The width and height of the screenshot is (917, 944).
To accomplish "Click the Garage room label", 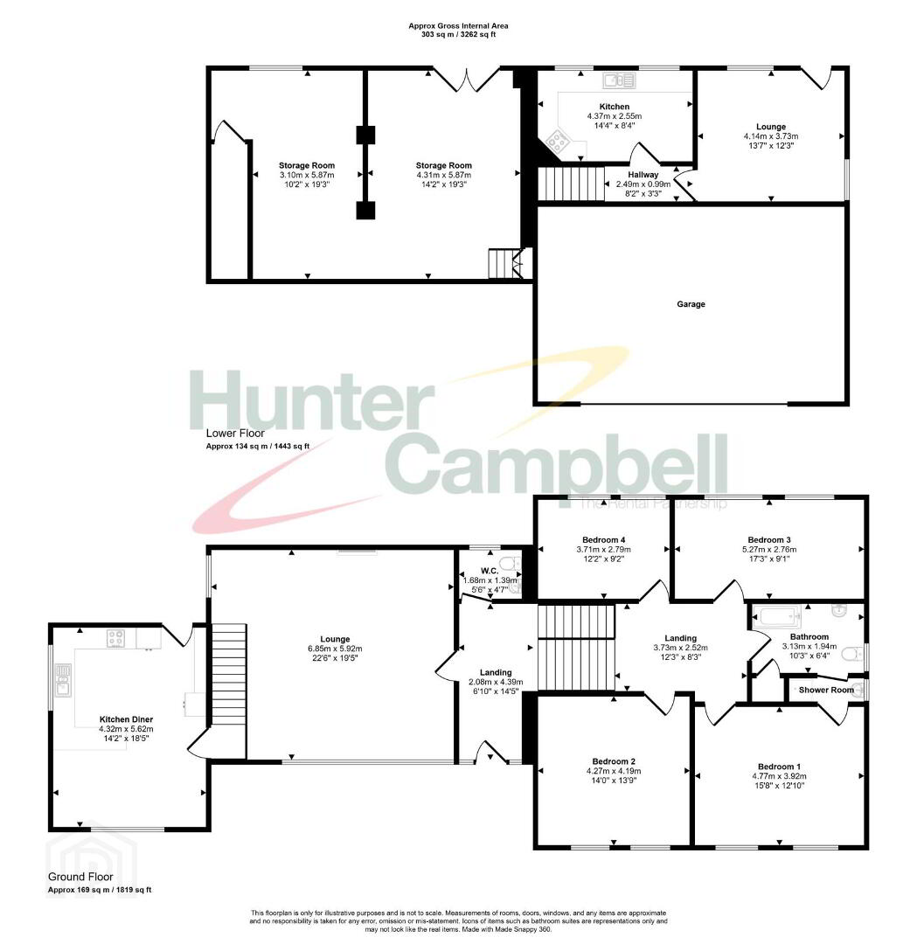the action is [691, 305].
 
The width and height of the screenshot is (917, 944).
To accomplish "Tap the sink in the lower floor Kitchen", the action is [618, 80].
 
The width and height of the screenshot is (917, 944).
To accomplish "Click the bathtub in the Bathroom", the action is [779, 616].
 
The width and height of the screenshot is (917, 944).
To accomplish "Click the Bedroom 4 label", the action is [603, 540].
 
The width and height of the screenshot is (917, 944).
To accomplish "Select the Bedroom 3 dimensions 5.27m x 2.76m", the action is [769, 550].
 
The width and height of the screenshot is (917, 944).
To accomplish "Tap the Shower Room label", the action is [826, 690].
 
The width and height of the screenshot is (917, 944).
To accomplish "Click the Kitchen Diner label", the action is [126, 719].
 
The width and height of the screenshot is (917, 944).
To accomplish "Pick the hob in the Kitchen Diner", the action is [115, 638].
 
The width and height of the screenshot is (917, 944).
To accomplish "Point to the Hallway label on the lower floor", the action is [643, 175].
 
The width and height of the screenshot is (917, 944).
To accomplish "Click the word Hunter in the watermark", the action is [312, 399].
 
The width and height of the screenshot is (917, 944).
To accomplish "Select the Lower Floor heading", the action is [235, 433].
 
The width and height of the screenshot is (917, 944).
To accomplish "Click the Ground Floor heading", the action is [80, 878].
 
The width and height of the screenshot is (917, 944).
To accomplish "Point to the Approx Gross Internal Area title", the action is [458, 26].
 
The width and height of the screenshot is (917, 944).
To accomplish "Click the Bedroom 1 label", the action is [779, 767].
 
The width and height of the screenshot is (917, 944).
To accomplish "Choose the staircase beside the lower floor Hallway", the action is [571, 184].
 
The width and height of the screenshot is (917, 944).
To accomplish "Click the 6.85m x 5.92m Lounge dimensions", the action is [335, 649].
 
